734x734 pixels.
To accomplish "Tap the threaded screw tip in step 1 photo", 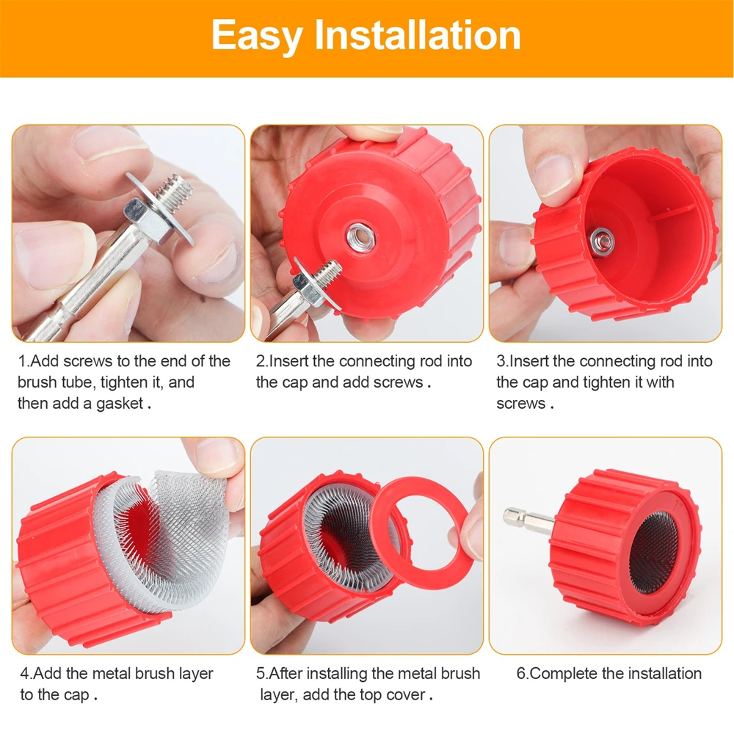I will [x=176, y=190].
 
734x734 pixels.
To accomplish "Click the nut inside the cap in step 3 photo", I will [x=601, y=237].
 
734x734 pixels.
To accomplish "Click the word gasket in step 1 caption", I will [x=120, y=404].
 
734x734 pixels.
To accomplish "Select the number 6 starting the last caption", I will [x=520, y=674].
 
